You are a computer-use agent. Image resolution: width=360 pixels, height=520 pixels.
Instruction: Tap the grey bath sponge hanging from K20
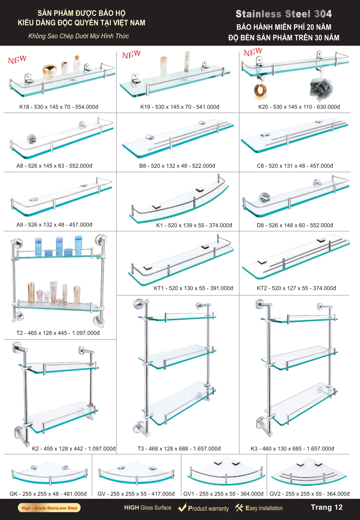coord(321,88)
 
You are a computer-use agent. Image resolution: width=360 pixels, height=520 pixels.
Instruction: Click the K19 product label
coord(180,107)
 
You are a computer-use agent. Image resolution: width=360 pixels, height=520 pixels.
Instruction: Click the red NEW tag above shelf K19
coord(131,54)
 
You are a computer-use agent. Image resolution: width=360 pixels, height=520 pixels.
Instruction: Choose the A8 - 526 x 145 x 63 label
coord(40,166)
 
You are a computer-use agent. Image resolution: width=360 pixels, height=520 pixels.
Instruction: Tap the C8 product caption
coord(295,166)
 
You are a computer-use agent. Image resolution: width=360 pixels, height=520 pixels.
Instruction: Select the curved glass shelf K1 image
coord(179,199)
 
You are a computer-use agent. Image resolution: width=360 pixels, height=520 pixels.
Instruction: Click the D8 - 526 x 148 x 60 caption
coord(281,225)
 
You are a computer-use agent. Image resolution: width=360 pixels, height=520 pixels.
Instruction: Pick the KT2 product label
coord(296,288)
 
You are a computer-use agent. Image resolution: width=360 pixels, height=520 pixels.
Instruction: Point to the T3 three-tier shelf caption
coord(179,449)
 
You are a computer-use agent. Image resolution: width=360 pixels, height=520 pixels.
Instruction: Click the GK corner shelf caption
coord(48,494)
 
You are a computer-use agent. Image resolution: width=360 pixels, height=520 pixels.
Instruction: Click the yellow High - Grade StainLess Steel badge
coord(49,508)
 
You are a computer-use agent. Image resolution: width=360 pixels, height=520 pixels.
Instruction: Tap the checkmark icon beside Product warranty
coord(182,507)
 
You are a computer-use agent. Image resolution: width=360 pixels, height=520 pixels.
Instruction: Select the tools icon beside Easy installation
coord(239,508)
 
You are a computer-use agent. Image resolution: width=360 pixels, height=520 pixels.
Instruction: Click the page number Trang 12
coord(327,507)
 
